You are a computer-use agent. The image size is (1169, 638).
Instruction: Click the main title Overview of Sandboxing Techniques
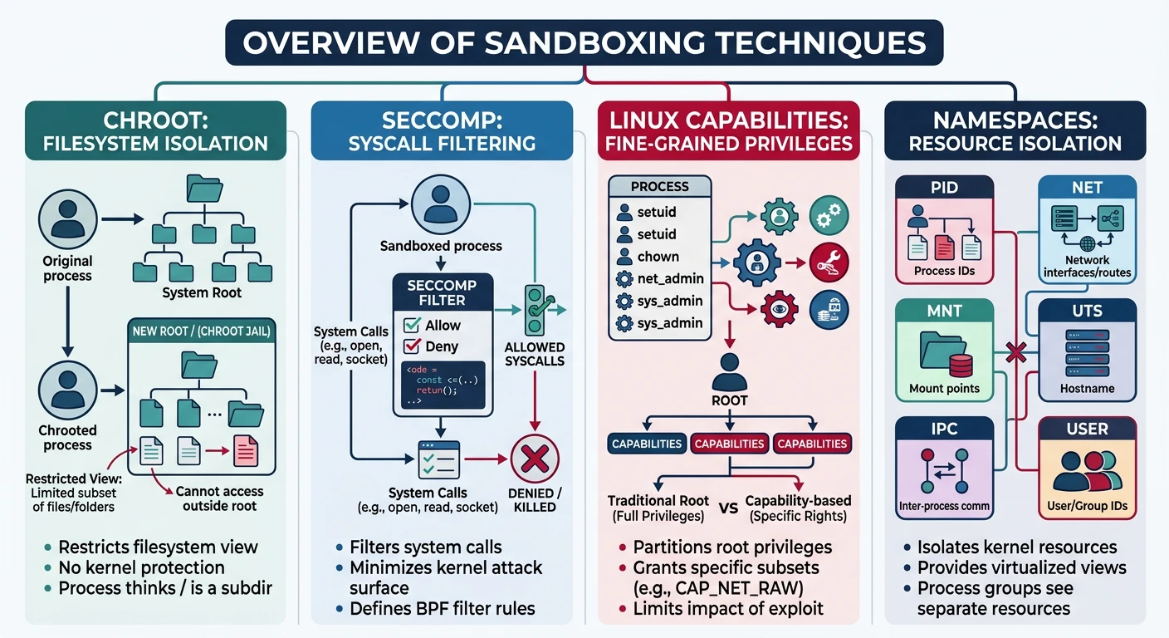pos(584,42)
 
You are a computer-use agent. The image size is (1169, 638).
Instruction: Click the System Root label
pos(202,292)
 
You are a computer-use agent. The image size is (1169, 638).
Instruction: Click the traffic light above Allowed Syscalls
pos(535,311)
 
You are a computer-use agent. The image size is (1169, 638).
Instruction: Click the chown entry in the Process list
pos(658,257)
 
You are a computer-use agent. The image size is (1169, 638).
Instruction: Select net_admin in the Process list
pos(670,278)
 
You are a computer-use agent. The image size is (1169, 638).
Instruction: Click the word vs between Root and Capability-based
pos(728,508)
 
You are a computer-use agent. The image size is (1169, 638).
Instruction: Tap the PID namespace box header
pos(944,188)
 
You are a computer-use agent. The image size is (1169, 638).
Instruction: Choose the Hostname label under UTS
pos(1087,388)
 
